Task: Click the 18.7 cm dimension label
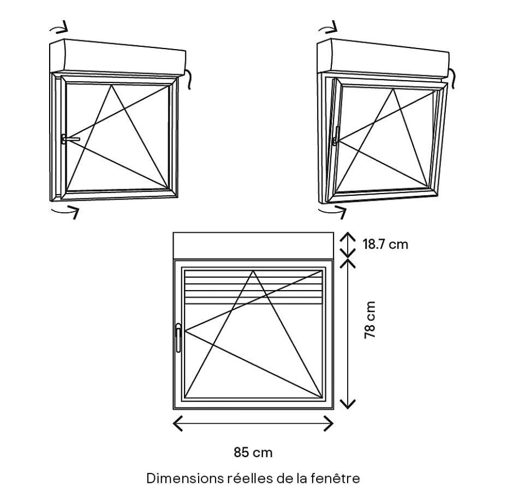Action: tap(385, 244)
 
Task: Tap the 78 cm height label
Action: tap(370, 320)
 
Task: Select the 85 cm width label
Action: tap(253, 453)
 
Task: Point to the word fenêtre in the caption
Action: tap(335, 478)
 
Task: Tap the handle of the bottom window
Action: tap(178, 338)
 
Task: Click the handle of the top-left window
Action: tap(70, 139)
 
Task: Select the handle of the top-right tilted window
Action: tap(336, 136)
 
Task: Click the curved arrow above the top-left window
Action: tap(59, 27)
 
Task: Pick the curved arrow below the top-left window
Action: tap(65, 212)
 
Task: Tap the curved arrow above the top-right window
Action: tap(328, 27)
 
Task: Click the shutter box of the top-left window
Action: tap(118, 57)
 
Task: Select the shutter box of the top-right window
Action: tap(384, 58)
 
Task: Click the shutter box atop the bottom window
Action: tap(253, 245)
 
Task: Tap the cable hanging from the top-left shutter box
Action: tap(188, 79)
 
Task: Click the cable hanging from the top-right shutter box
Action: tap(452, 79)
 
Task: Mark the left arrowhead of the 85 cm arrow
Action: tap(178, 423)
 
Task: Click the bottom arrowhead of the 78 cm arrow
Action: tap(348, 404)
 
